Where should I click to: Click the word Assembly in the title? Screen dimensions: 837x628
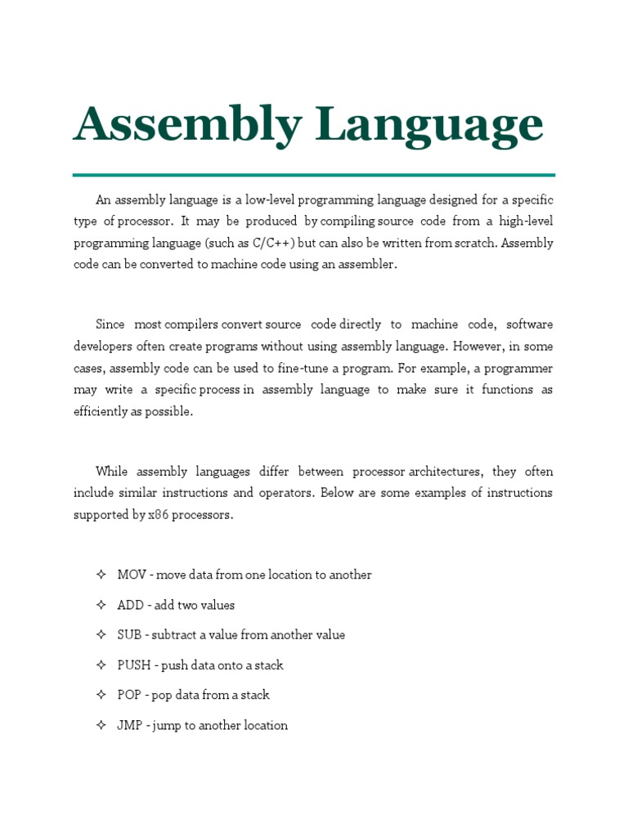coord(186,125)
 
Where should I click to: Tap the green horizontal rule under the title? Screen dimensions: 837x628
coord(313,175)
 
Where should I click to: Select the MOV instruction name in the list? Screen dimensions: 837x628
coord(131,575)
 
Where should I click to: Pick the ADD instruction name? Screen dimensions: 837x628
coord(130,605)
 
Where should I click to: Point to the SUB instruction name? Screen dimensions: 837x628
coord(129,635)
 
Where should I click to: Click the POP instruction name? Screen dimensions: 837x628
coord(129,695)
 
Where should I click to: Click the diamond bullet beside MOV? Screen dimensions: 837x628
coord(101,575)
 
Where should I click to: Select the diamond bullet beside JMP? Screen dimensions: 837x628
coord(101,725)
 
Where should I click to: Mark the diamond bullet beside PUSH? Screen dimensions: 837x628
coord(101,665)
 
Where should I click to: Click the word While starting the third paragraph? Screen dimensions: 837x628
coord(111,472)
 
